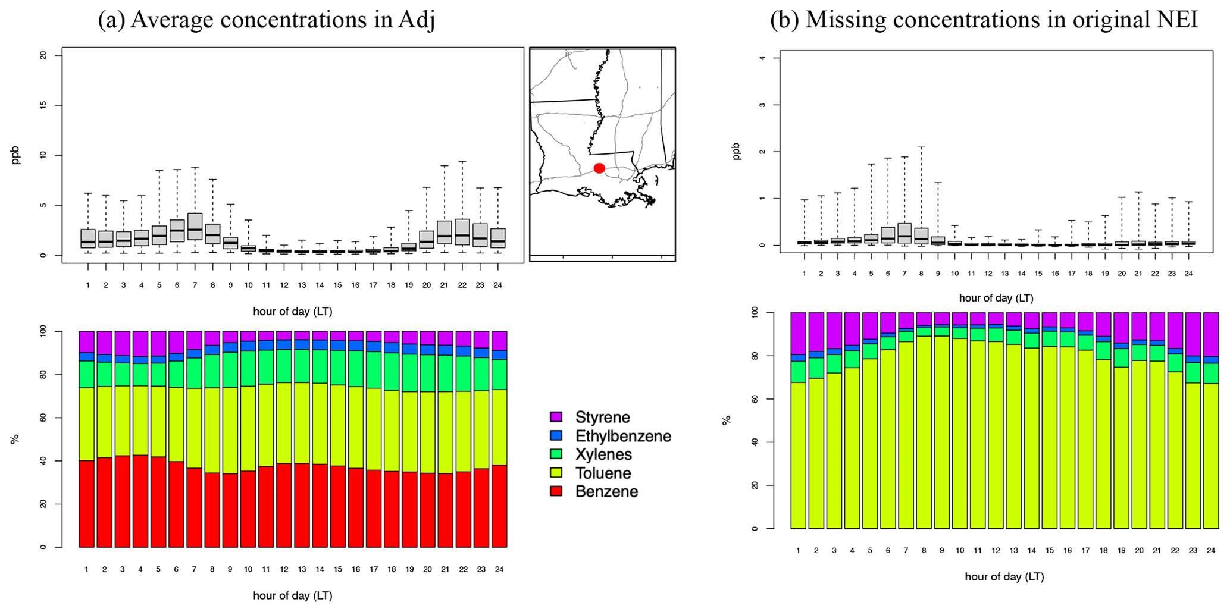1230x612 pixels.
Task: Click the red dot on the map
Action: click(x=599, y=168)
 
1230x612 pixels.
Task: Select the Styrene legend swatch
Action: click(x=556, y=417)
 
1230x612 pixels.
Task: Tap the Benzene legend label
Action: click(x=606, y=492)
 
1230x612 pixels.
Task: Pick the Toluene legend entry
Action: click(x=603, y=473)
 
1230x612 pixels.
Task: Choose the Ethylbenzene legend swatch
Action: click(x=556, y=436)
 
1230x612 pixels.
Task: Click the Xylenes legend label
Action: click(x=603, y=455)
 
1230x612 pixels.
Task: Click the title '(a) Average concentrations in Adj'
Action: click(x=267, y=20)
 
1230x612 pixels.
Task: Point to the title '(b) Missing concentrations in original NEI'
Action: click(x=984, y=20)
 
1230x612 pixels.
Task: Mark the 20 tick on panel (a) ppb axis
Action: click(x=42, y=55)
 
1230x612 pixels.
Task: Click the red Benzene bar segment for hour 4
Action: click(x=140, y=501)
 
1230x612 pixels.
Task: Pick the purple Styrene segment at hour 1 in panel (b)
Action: click(x=798, y=333)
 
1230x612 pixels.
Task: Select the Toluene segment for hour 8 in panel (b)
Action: click(x=924, y=440)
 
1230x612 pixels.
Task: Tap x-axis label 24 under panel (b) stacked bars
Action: click(x=1210, y=551)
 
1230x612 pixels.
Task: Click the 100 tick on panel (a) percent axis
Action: click(x=42, y=331)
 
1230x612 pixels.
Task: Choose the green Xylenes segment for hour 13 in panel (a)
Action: click(x=302, y=366)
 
